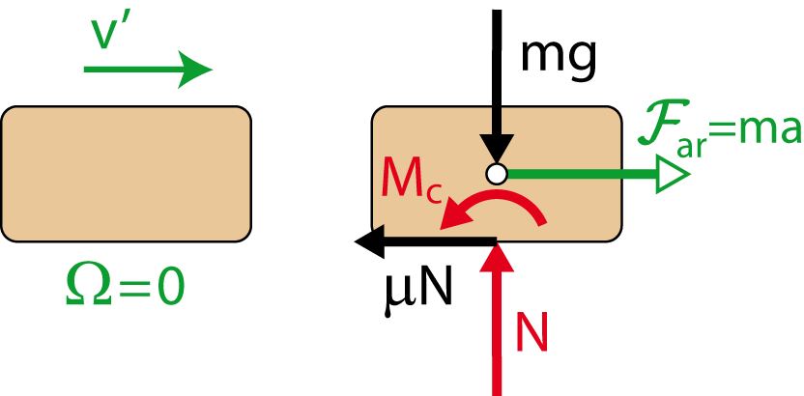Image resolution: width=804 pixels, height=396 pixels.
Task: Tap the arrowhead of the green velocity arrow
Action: coord(197,69)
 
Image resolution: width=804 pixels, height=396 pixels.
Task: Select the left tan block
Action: coord(126,174)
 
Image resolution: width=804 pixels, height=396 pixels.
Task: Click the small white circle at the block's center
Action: coord(497,174)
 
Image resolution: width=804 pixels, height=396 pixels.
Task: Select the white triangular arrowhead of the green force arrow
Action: coord(672,174)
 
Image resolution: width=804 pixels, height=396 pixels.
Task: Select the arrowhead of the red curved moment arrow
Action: coord(450,220)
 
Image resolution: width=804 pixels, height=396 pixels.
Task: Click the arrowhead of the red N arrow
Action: coord(498,259)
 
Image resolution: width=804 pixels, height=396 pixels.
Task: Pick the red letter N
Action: coord(531,333)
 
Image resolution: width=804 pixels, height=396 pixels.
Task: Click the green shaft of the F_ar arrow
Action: coord(580,174)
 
